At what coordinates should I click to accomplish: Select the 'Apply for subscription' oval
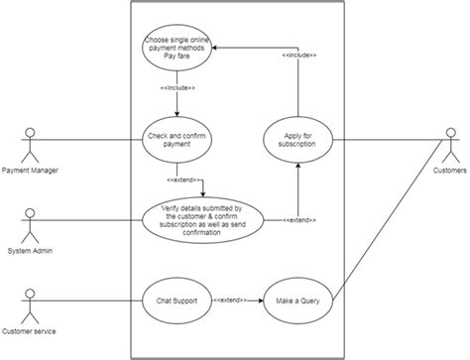(x=296, y=143)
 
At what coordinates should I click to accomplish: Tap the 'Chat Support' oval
(x=177, y=300)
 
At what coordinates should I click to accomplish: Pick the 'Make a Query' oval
(x=296, y=300)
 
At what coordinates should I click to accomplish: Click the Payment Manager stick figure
(x=30, y=143)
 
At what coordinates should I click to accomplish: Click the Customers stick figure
(x=447, y=143)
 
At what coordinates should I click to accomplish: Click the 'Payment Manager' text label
(x=30, y=172)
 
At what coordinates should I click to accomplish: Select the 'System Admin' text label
(x=30, y=250)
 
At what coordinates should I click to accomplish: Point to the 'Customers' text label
(x=447, y=172)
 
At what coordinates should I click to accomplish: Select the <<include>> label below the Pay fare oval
(x=177, y=88)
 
